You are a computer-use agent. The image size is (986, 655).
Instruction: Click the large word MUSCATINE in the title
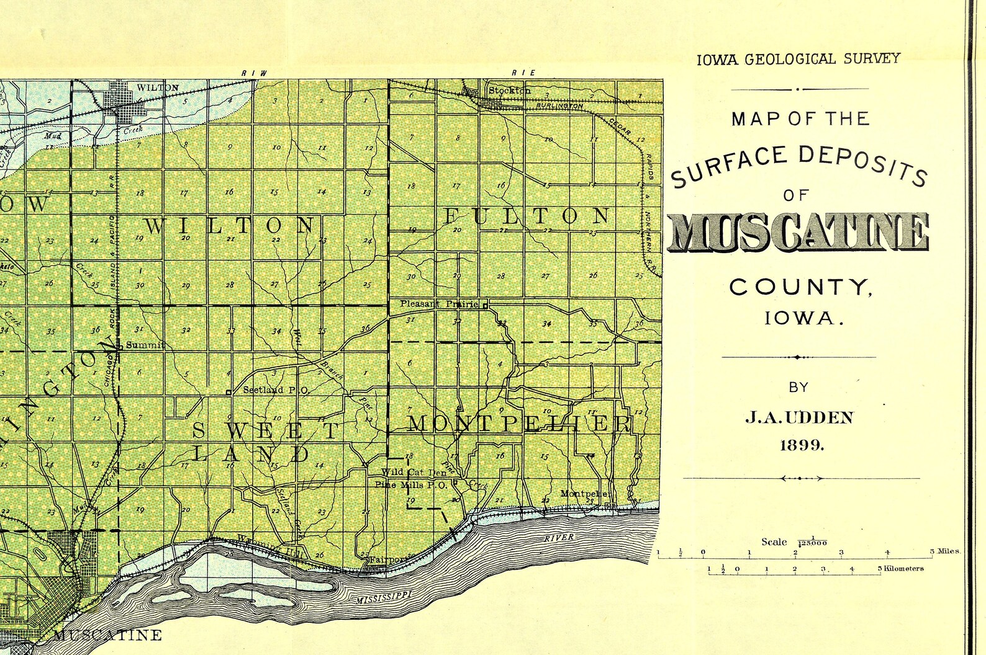pos(798,234)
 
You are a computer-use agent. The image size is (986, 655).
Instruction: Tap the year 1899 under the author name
pos(802,445)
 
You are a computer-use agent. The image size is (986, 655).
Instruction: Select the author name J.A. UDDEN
pos(799,417)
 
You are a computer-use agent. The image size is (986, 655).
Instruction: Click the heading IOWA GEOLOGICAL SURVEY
pos(798,60)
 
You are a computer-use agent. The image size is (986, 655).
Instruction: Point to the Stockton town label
pos(510,91)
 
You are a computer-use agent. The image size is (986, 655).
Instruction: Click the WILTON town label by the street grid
pos(158,87)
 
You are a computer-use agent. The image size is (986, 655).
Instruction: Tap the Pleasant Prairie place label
pos(439,304)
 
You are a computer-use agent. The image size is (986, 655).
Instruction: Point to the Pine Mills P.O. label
pos(410,485)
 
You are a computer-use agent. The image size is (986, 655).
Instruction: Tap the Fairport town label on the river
pos(389,559)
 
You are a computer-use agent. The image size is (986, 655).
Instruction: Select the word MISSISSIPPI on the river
pos(384,598)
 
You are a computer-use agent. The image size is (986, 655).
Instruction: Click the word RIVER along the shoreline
pos(559,538)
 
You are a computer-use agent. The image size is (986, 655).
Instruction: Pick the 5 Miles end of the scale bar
pos(945,551)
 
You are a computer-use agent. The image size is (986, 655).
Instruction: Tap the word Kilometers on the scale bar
pos(903,568)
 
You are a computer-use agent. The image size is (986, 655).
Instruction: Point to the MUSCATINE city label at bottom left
pos(107,635)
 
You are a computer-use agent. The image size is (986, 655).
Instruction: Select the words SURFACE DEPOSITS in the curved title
pos(799,163)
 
